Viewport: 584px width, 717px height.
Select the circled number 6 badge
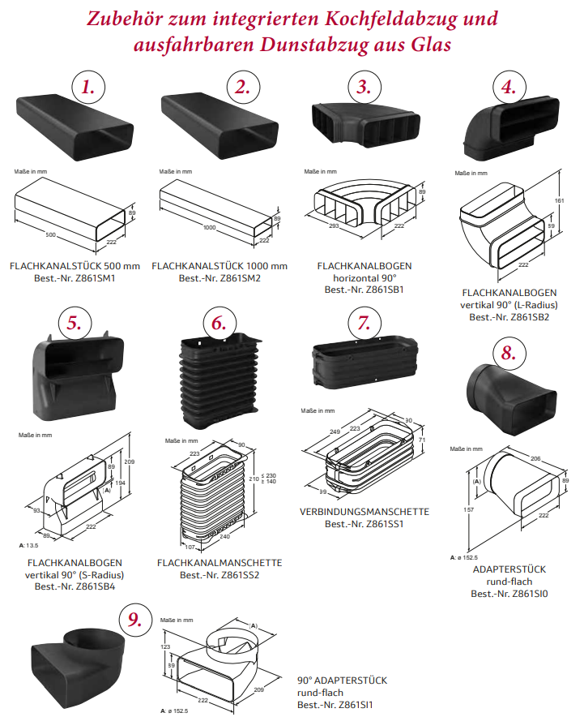219,322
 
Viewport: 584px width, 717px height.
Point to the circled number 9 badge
134,620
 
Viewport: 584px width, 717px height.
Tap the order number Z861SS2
241,575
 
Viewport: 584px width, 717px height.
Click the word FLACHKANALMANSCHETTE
220,562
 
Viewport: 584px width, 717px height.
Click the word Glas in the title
434,44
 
